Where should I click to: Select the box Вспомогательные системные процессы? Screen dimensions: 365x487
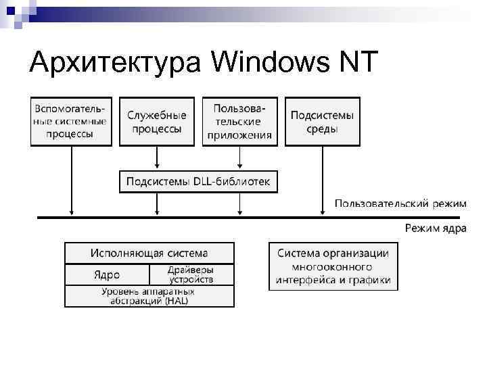[x=70, y=122]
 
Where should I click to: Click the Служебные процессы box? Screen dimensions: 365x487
[x=157, y=122]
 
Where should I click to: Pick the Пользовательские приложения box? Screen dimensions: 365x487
[x=239, y=122]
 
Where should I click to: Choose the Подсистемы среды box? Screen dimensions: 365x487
[x=323, y=122]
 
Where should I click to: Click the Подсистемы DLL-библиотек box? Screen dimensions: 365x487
[x=198, y=182]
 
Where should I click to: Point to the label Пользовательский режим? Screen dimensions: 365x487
[x=400, y=203]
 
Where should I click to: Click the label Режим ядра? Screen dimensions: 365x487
[x=436, y=228]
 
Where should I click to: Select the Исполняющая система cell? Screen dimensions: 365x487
[x=149, y=253]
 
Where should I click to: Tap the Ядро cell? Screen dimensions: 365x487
[x=107, y=274]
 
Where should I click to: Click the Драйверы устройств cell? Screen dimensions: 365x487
[x=191, y=274]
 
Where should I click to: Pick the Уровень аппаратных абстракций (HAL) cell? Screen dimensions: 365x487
[x=149, y=296]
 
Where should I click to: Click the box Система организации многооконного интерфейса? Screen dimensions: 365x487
[x=333, y=266]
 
